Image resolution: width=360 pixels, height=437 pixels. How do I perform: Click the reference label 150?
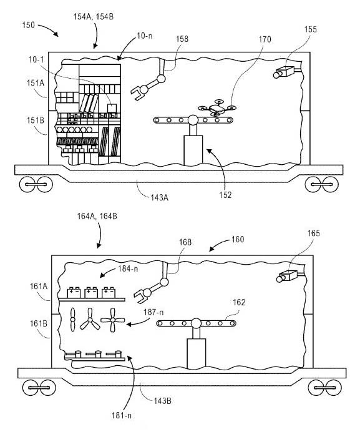(29, 25)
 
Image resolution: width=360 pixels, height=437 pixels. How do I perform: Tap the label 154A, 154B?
(94, 17)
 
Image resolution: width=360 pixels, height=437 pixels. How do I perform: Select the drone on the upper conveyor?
(217, 108)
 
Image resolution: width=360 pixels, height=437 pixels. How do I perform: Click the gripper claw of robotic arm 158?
(139, 92)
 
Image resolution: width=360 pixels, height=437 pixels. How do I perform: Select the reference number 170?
(265, 39)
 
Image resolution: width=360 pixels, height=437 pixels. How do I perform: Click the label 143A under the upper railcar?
(159, 198)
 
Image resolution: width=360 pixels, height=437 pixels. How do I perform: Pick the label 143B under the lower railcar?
(162, 401)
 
